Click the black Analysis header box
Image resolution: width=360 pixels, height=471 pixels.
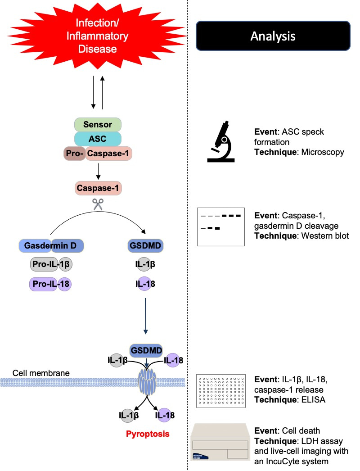pos(273,36)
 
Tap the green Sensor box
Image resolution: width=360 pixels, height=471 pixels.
pos(98,124)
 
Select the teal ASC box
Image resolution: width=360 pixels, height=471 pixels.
pos(98,139)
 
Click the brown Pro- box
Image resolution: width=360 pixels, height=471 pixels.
pos(74,154)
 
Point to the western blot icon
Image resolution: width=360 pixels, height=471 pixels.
pos(220,226)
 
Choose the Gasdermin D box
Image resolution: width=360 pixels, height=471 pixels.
pos(51,246)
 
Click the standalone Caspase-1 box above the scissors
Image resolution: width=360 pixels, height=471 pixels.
pos(98,188)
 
